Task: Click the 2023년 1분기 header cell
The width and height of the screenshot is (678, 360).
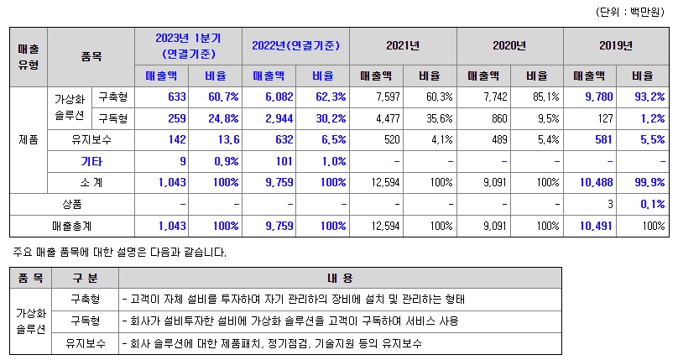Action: (187, 45)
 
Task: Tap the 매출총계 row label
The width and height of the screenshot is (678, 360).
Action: (71, 226)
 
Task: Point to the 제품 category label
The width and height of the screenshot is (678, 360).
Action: (28, 139)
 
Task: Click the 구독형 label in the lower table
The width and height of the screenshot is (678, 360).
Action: (86, 321)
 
